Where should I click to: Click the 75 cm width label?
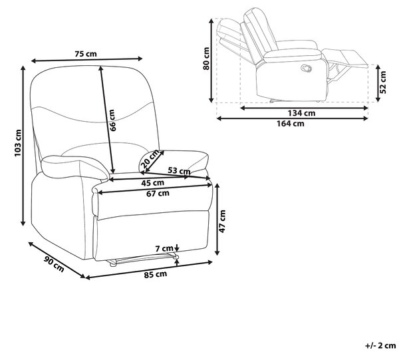pyautogui.click(x=86, y=54)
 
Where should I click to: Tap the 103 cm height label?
pyautogui.click(x=18, y=143)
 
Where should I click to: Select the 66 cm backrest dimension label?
pyautogui.click(x=112, y=120)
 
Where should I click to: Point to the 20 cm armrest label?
pyautogui.click(x=150, y=160)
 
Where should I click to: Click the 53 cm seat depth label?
pyautogui.click(x=179, y=170)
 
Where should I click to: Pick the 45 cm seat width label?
pyautogui.click(x=153, y=183)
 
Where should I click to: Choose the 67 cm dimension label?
pyautogui.click(x=158, y=194)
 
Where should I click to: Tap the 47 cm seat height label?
pyautogui.click(x=222, y=221)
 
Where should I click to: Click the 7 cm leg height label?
pyautogui.click(x=164, y=248)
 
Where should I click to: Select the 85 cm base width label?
pyautogui.click(x=156, y=274)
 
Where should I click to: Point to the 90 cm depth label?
pyautogui.click(x=54, y=264)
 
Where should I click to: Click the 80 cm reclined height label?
pyautogui.click(x=206, y=59)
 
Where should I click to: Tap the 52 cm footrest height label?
pyautogui.click(x=383, y=82)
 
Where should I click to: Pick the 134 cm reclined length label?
pyautogui.click(x=301, y=112)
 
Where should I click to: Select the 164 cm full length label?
pyautogui.click(x=291, y=124)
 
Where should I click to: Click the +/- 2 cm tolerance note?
pyautogui.click(x=380, y=345)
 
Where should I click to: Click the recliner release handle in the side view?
pyautogui.click(x=306, y=68)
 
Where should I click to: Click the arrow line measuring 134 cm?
pyautogui.click(x=304, y=108)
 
